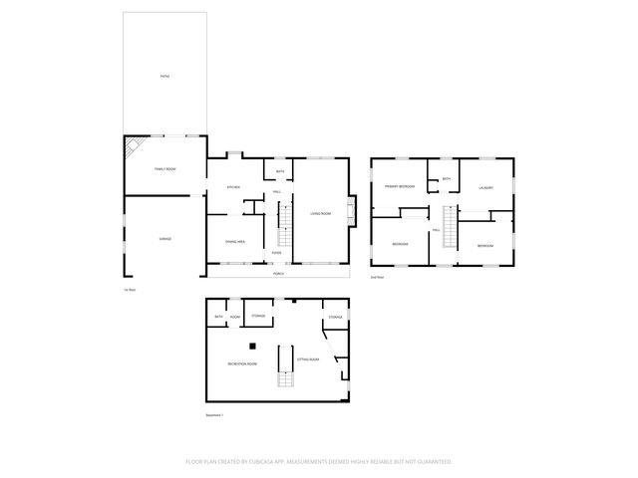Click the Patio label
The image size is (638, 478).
164,76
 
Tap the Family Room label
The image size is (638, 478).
164,169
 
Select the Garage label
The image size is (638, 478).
164,239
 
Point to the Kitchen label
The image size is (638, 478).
233,187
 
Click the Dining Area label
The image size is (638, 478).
235,241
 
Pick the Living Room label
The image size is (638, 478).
320,213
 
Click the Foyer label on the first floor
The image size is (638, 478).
277,252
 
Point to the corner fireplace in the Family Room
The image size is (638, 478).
131,149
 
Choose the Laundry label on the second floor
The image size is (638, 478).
486,187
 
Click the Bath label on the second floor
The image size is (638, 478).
446,178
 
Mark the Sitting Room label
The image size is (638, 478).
308,358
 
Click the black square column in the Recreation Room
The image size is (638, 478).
253,346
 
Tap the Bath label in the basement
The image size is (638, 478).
218,318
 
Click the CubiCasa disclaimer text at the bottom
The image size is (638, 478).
319,461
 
